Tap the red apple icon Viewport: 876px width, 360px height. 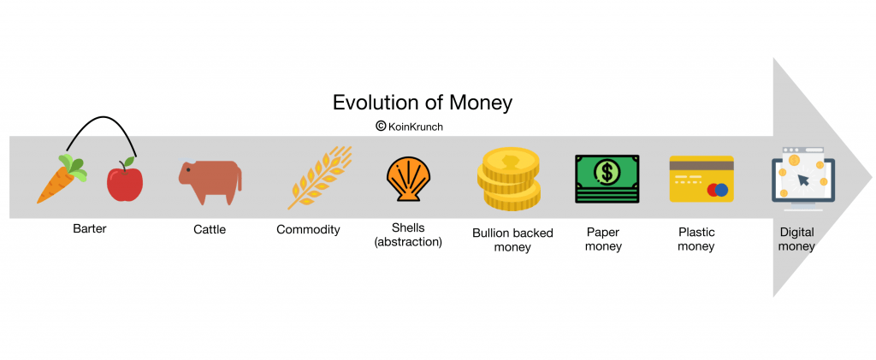[125, 180]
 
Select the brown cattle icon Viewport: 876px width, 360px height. [210, 180]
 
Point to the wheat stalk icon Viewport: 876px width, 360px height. [319, 178]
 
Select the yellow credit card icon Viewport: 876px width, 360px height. [701, 178]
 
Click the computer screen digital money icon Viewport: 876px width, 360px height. [799, 179]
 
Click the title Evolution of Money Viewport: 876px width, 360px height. [423, 103]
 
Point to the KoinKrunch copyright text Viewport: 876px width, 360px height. [408, 126]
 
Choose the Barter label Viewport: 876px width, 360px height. [90, 229]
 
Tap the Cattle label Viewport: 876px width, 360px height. [210, 229]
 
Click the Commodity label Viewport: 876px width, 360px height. [308, 229]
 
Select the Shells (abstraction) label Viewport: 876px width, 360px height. [408, 235]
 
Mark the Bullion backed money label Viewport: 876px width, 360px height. [513, 239]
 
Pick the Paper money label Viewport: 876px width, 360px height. [604, 239]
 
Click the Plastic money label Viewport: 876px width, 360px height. [695, 239]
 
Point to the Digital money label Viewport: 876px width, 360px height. [796, 239]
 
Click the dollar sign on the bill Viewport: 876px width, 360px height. [607, 172]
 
